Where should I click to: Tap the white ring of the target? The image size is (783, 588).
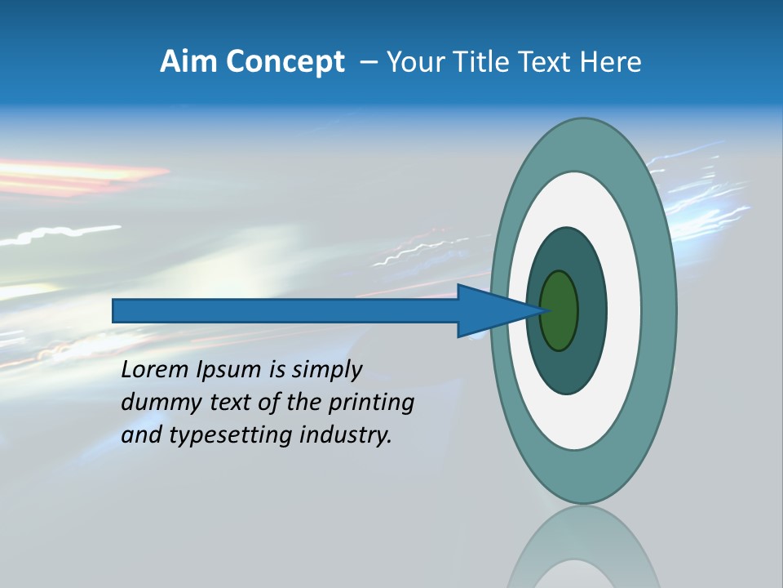point(623,311)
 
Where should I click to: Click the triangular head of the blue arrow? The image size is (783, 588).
point(489,311)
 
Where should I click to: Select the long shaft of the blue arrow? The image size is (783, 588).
point(285,311)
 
